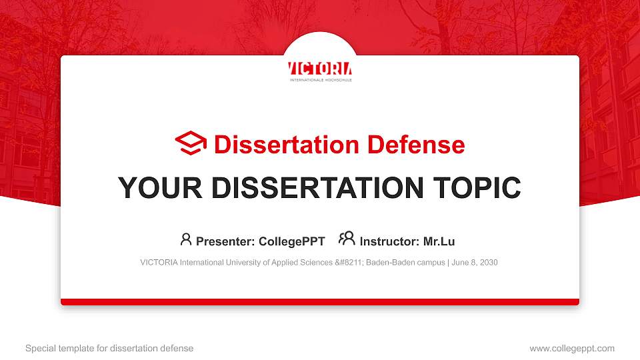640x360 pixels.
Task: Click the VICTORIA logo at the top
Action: (320, 70)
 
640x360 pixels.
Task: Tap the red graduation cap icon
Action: (191, 144)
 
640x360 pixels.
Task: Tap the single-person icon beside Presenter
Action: (186, 239)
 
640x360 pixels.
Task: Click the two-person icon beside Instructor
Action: (347, 239)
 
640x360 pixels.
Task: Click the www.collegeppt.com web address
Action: (572, 348)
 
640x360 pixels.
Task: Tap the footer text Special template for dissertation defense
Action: (109, 348)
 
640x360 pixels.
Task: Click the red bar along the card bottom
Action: (320, 302)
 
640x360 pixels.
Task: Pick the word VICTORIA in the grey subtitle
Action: (158, 263)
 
